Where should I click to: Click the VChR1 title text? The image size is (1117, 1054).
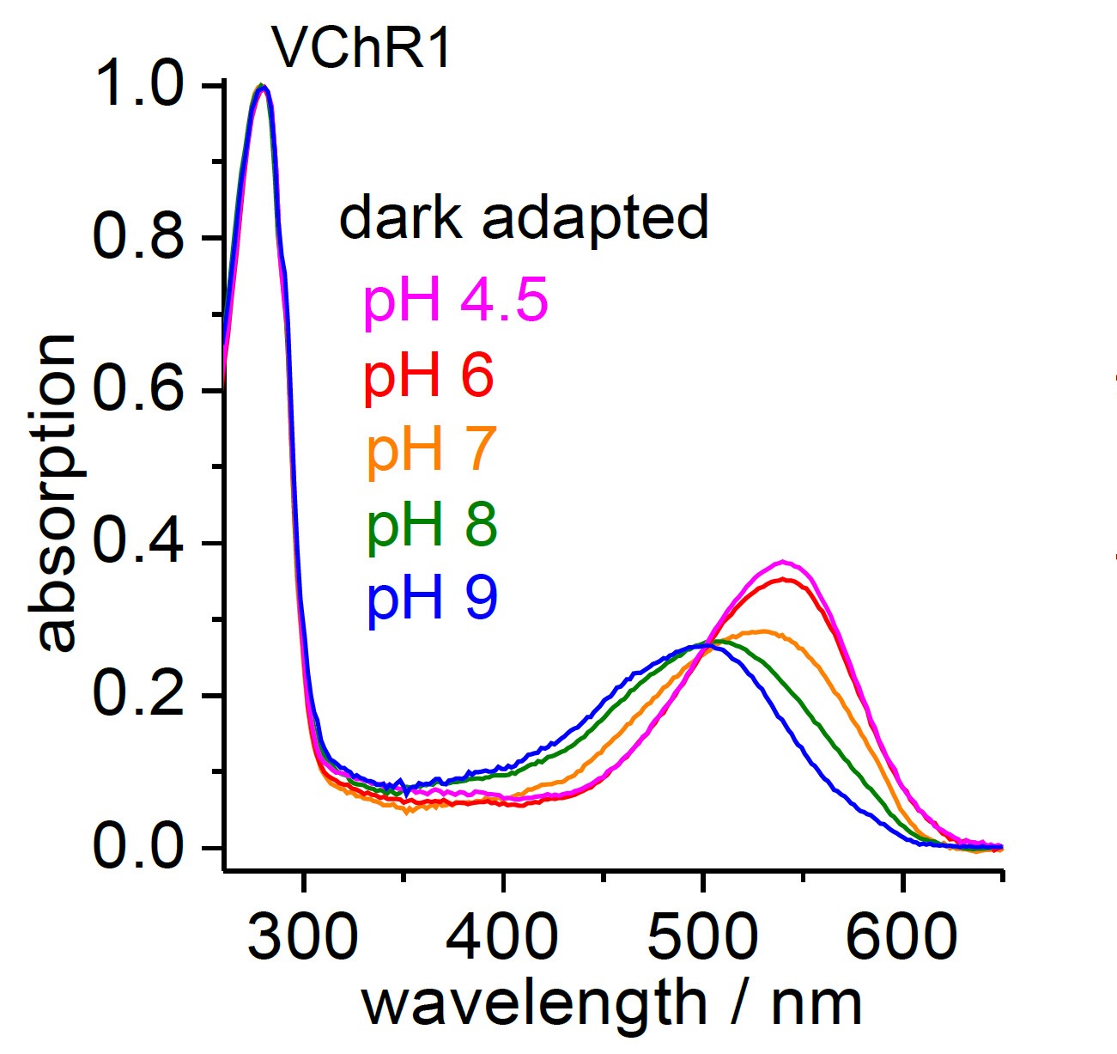point(361,48)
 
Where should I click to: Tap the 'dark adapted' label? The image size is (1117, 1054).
point(524,218)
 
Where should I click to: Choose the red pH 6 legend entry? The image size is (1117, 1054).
point(428,375)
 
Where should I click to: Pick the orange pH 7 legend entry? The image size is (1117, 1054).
point(431,449)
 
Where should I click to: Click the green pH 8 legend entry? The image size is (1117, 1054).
point(432,524)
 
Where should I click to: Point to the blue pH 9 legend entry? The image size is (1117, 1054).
point(432,598)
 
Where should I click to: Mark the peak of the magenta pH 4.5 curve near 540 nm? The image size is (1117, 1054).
point(782,562)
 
